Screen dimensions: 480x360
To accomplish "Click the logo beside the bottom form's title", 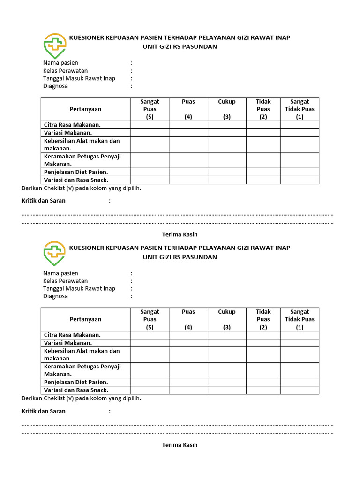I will click(54, 254).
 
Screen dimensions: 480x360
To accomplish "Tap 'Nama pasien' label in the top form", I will click(60, 63).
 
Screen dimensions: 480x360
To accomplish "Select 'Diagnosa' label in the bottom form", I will click(55, 296).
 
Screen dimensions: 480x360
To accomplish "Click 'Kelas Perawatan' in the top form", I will click(65, 71).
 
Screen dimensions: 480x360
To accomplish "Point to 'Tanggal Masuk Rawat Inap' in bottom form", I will click(79, 289).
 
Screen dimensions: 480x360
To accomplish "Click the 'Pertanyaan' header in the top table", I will click(85, 109).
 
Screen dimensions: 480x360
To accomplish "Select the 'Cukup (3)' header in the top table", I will click(227, 109).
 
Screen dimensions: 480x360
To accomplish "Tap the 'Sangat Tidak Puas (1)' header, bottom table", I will click(300, 319).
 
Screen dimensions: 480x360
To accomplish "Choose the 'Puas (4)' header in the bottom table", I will click(188, 319).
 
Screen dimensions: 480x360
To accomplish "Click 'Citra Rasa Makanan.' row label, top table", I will click(72, 125).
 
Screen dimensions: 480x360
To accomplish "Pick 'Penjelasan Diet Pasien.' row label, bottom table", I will click(76, 382).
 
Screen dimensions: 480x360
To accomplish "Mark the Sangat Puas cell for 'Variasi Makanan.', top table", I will click(150, 133).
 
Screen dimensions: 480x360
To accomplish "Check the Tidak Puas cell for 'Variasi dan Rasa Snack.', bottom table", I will click(263, 390).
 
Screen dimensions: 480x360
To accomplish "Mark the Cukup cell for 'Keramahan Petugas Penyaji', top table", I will click(227, 160).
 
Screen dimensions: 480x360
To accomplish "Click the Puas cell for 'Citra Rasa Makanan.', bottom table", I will click(188, 335).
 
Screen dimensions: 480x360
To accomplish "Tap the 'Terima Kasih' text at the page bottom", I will click(180, 445).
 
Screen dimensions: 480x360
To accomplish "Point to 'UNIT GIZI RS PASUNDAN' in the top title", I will click(180, 47).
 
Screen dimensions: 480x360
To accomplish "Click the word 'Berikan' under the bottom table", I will click(32, 398).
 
